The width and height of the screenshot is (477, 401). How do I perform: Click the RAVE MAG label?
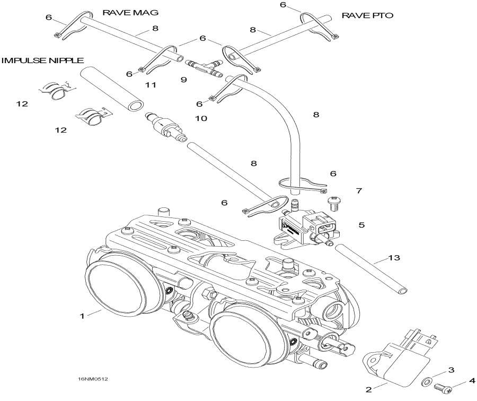123,12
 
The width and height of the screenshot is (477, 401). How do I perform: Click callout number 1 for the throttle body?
83,316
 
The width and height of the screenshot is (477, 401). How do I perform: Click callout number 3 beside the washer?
451,369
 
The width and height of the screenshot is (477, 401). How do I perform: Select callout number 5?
361,225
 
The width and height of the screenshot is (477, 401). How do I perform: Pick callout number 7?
359,190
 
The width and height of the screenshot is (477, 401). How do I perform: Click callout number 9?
184,80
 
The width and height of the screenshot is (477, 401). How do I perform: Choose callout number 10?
201,119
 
